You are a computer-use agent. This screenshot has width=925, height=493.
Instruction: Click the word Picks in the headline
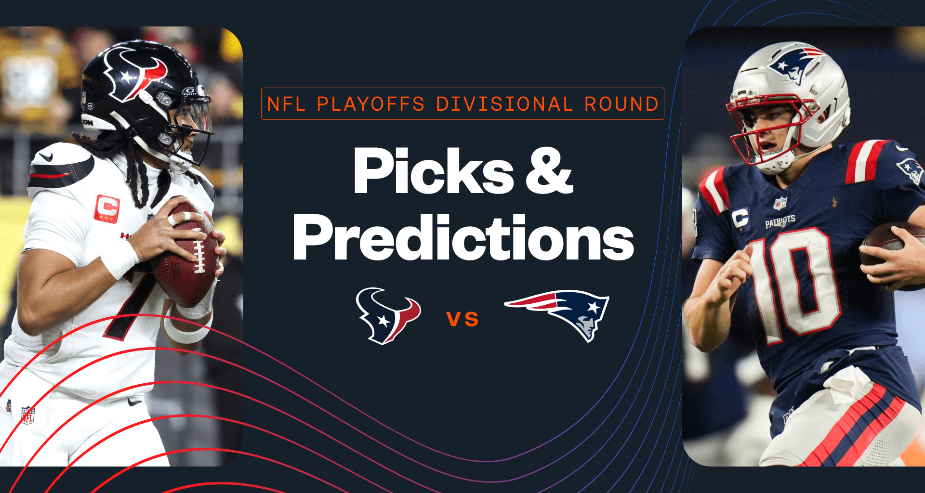click(x=433, y=172)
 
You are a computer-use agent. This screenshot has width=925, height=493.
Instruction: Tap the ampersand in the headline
click(x=549, y=172)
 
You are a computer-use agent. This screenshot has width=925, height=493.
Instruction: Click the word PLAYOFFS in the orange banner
click(x=370, y=104)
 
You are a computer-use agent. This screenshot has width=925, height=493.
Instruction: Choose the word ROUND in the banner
click(x=621, y=104)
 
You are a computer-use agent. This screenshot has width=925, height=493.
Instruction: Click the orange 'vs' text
click(x=462, y=319)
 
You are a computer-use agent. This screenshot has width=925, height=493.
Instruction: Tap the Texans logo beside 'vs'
click(x=388, y=315)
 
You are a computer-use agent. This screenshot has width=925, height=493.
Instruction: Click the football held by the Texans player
click(x=185, y=255)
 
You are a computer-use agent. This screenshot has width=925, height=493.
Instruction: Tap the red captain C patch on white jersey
click(x=106, y=208)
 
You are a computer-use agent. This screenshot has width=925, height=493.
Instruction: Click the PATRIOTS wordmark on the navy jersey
click(x=780, y=221)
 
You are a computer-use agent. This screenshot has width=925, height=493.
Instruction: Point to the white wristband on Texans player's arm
click(x=120, y=259)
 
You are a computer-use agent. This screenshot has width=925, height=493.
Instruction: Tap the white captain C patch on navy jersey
click(x=740, y=218)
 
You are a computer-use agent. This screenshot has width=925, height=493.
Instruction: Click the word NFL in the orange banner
click(x=286, y=104)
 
